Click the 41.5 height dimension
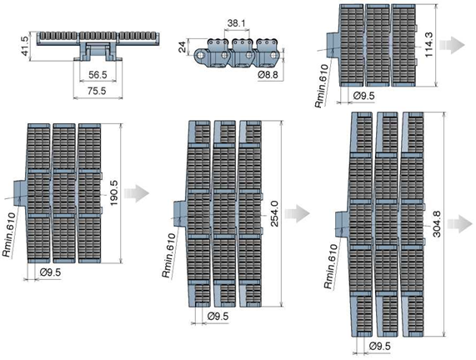[x=25, y=46]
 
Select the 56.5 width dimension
[x=98, y=75]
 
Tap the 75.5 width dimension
[x=97, y=91]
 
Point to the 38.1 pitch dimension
[x=237, y=23]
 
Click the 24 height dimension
[x=182, y=47]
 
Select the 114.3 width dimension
[x=428, y=45]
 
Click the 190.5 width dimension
[x=114, y=192]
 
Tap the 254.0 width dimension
[x=274, y=213]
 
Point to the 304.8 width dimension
[x=437, y=223]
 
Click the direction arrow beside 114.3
[x=452, y=45]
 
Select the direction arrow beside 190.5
[x=137, y=193]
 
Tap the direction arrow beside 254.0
[x=298, y=213]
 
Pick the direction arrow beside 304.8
[x=460, y=224]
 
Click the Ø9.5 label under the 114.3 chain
[x=364, y=96]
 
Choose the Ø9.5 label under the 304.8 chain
[x=380, y=346]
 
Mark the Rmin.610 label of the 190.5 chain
[x=9, y=235]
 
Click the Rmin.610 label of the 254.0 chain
[x=168, y=255]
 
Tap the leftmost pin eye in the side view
[x=200, y=55]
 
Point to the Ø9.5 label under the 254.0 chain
[x=218, y=317]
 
